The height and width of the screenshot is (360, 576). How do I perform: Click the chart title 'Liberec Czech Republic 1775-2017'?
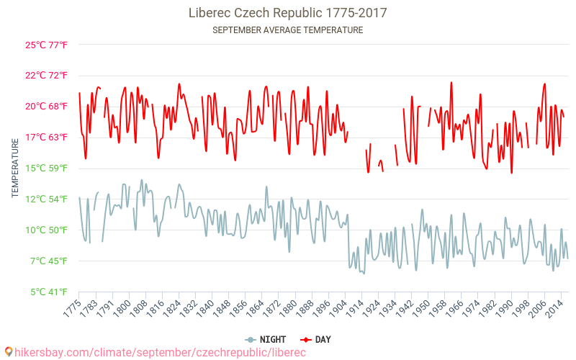coord(287,13)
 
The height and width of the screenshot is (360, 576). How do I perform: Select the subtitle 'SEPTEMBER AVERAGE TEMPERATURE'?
coord(287,30)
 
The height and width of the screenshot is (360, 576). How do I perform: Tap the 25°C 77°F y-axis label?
coord(46,45)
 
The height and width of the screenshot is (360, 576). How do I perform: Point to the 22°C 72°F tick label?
coord(46,76)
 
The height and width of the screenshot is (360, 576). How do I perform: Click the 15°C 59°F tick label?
coord(46,168)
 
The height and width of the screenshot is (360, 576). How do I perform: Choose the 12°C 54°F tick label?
coord(46,199)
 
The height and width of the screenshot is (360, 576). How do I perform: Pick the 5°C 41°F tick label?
coord(48,292)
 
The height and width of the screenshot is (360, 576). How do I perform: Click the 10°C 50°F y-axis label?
coord(46,230)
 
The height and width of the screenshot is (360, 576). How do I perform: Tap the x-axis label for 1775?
coord(71,307)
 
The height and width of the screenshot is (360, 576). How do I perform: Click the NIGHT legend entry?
coord(266,340)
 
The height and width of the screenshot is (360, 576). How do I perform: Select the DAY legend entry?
coord(316,340)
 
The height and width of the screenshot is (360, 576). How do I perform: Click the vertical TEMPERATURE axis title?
coord(15,168)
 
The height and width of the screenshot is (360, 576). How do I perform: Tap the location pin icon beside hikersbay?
coord(8,352)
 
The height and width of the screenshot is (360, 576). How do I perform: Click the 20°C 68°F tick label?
coord(46,107)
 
